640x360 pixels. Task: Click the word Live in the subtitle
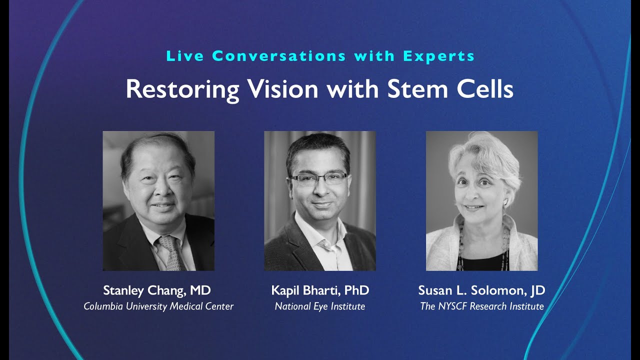click(184, 56)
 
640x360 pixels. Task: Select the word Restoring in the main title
click(182, 89)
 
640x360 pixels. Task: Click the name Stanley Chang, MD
click(156, 290)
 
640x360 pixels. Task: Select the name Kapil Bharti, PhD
click(320, 290)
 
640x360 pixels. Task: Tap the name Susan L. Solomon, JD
click(481, 290)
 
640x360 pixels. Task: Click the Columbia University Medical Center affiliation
click(158, 306)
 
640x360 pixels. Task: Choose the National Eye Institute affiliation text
click(320, 306)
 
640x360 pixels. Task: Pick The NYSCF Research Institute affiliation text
click(481, 306)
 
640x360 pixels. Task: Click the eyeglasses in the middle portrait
click(318, 177)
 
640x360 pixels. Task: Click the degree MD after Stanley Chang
click(200, 290)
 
